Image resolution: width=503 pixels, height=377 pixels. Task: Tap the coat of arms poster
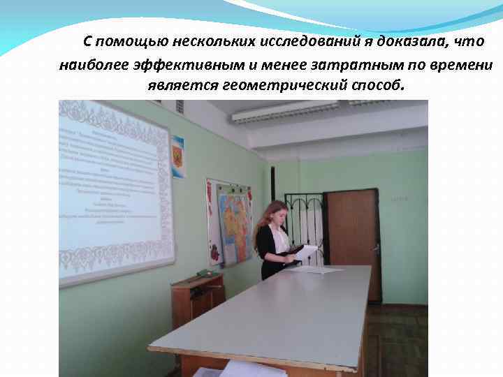click(177, 156)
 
